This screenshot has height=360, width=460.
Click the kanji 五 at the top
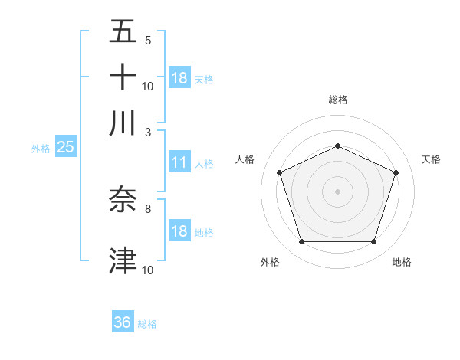click(x=123, y=32)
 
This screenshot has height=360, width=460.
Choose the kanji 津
click(x=123, y=260)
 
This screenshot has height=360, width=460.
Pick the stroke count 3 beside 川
click(x=147, y=131)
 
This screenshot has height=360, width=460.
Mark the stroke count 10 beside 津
click(x=148, y=270)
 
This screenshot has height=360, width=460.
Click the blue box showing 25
click(x=65, y=148)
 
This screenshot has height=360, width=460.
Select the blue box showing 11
click(x=179, y=162)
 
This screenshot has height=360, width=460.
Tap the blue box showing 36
click(x=123, y=322)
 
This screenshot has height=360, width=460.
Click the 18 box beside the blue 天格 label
click(x=179, y=78)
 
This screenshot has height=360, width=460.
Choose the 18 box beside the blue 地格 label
click(x=179, y=232)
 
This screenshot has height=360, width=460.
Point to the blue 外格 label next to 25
click(x=40, y=149)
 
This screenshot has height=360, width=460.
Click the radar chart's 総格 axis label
click(x=337, y=100)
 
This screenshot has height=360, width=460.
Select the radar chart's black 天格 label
click(x=431, y=159)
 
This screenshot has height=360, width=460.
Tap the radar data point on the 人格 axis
click(x=279, y=172)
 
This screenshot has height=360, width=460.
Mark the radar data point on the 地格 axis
click(x=373, y=242)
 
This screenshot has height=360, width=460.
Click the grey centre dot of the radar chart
click(x=337, y=191)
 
